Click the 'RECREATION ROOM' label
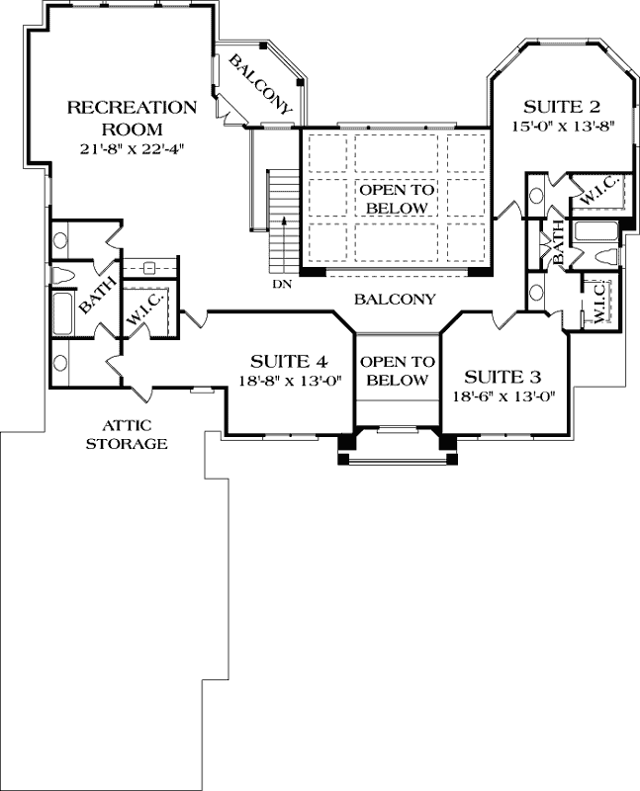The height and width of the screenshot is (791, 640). (131, 118)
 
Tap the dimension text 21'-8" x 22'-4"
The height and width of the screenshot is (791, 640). (133, 149)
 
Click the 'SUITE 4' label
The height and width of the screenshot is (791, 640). (288, 360)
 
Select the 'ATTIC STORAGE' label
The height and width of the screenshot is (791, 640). (126, 434)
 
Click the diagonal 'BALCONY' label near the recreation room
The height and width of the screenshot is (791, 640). (260, 85)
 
